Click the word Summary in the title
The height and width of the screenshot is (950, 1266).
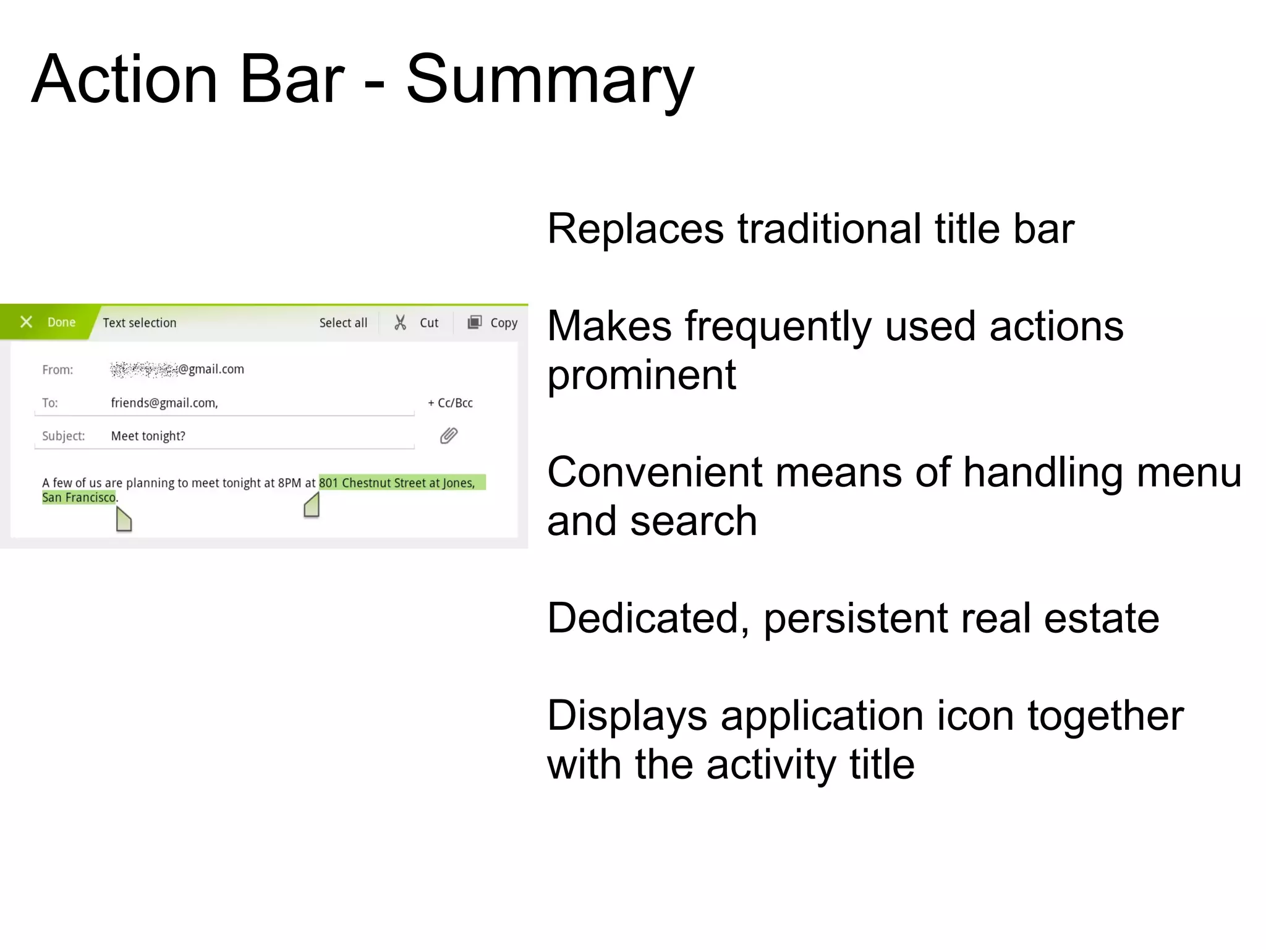tap(550, 80)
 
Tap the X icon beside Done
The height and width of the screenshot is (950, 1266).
tap(26, 322)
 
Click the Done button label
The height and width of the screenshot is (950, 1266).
tap(61, 322)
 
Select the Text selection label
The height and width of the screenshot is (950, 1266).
tap(139, 323)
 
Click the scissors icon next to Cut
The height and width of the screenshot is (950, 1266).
tap(400, 322)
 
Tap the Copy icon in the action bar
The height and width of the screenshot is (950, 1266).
tap(474, 322)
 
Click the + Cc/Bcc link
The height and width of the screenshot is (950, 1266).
tap(450, 403)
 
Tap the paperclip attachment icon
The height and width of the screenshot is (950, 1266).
tap(449, 436)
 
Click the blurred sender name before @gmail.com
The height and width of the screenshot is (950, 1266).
tap(143, 369)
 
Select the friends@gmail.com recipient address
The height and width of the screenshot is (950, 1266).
tap(164, 403)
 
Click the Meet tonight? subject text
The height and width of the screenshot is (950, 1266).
tap(148, 436)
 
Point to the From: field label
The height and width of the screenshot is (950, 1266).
tap(57, 370)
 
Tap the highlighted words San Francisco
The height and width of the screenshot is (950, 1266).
tap(79, 498)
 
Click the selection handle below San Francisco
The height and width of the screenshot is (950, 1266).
tap(124, 520)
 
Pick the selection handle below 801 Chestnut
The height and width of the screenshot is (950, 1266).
tap(312, 505)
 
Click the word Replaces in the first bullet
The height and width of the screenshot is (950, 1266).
tap(635, 229)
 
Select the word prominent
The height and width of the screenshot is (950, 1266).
tap(641, 375)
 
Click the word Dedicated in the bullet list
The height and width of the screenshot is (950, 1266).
tap(647, 618)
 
